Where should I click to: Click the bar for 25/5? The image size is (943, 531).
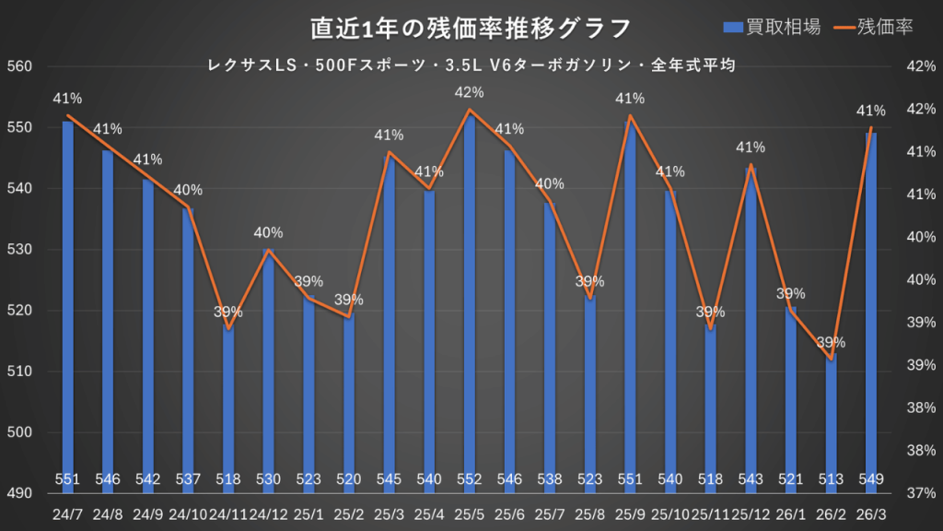(470, 304)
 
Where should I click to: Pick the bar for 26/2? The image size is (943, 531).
(832, 424)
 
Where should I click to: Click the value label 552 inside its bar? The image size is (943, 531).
(470, 478)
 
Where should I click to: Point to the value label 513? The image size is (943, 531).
(832, 478)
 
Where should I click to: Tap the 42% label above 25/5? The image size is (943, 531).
(470, 93)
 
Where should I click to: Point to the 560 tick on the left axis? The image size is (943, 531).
(19, 66)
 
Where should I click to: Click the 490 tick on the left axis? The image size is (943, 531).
(19, 493)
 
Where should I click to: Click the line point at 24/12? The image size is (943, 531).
(268, 250)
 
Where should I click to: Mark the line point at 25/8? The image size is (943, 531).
(590, 299)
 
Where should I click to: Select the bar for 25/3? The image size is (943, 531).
(389, 323)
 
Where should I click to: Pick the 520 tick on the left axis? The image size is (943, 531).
(19, 311)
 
